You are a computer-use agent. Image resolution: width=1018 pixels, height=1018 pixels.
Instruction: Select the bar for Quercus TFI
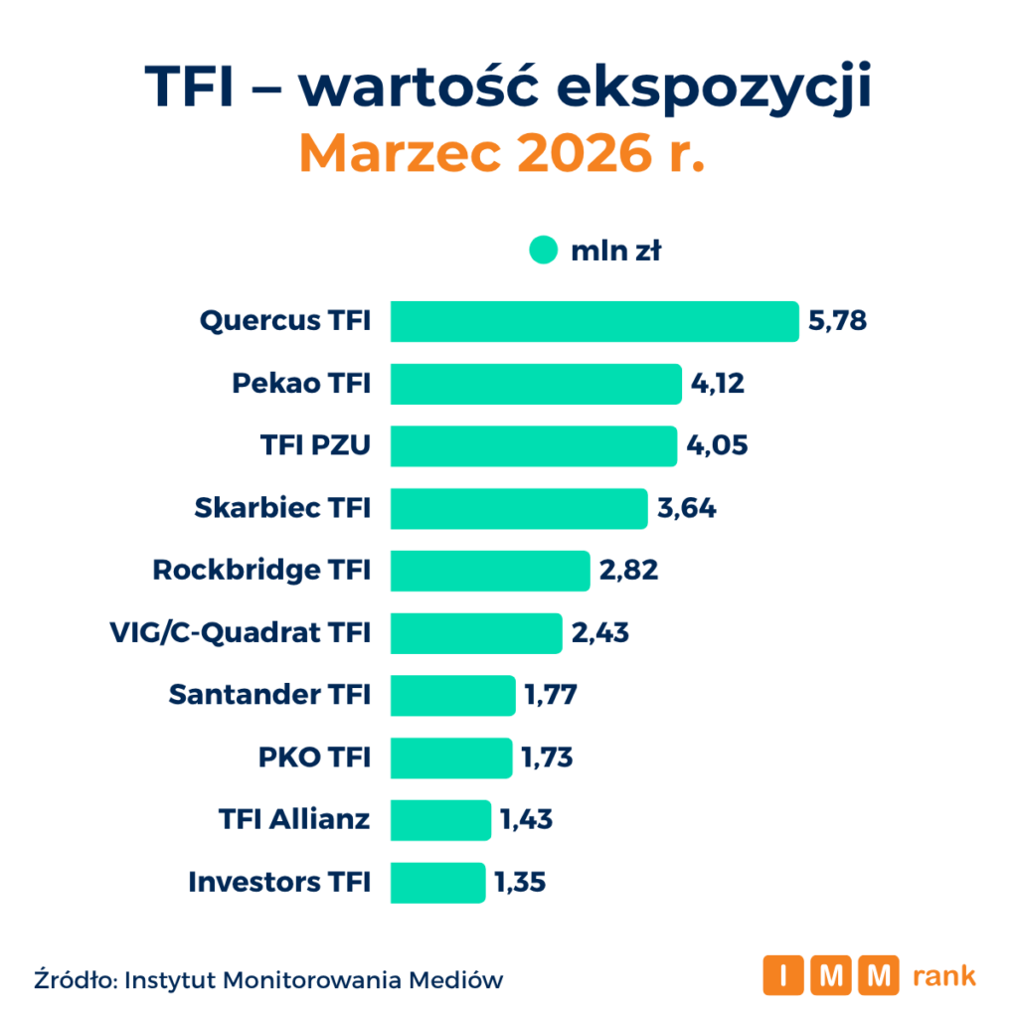[x=594, y=321]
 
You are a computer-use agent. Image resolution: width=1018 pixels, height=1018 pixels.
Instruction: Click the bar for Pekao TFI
[x=535, y=384]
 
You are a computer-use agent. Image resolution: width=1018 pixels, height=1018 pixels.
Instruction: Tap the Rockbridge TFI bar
[x=489, y=571]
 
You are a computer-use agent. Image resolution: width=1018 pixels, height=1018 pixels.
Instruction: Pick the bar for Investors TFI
[x=437, y=882]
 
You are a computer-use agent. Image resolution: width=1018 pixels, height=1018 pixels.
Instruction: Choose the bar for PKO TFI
[x=450, y=758]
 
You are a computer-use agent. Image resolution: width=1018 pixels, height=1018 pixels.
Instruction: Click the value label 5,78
[x=838, y=321]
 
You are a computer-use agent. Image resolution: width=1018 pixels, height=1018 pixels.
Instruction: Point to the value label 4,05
[x=717, y=446]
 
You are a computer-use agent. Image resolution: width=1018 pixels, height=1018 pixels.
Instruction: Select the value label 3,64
[x=686, y=508]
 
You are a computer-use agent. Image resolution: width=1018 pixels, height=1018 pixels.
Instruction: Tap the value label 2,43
[x=599, y=633]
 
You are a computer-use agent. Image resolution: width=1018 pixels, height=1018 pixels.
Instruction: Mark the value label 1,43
[x=526, y=820]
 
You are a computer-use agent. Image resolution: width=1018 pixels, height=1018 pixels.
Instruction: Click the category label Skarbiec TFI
[x=282, y=508]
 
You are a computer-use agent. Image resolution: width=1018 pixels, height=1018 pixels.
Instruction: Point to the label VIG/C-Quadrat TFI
[x=239, y=633]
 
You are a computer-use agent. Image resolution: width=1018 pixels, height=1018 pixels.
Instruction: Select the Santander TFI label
[x=269, y=695]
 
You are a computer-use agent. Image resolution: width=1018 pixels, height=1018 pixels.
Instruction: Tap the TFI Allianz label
[x=294, y=820]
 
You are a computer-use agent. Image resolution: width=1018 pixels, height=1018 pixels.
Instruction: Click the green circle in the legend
[x=543, y=252]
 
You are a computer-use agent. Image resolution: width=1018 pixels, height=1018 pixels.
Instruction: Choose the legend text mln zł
[x=616, y=252]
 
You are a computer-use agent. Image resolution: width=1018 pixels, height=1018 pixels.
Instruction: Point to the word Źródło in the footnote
[x=74, y=979]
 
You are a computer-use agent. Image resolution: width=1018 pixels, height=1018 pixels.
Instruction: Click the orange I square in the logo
[x=783, y=975]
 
